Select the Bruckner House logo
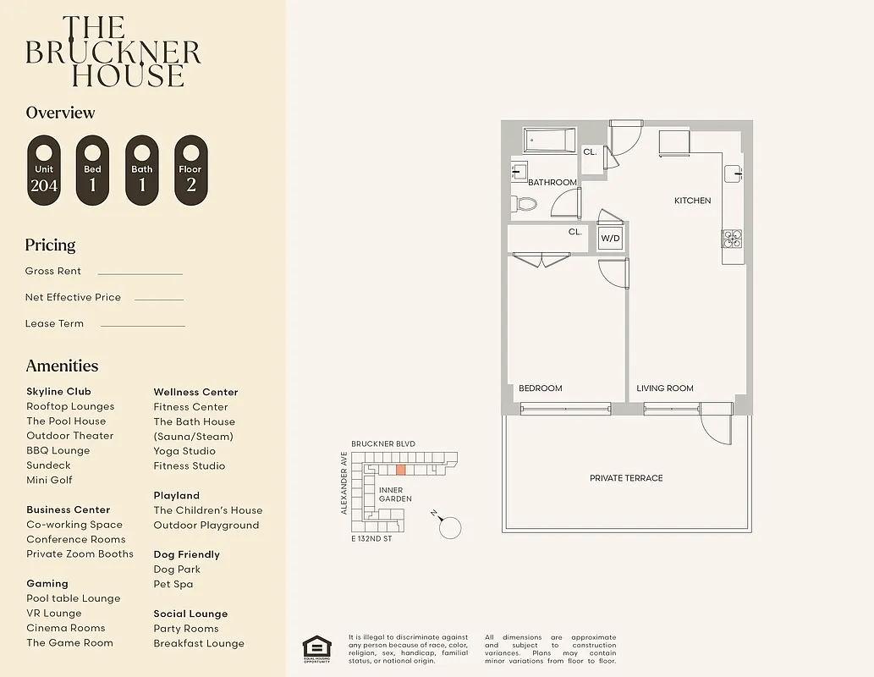tap(113, 52)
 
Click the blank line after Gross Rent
tap(140, 273)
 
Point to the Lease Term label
tap(54, 323)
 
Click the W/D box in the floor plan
tap(610, 239)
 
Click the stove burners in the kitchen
tap(732, 239)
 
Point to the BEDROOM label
tap(540, 388)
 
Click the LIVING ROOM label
tap(665, 388)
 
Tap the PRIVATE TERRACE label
tap(626, 478)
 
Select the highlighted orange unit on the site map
tap(401, 469)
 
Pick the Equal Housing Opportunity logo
tap(317, 647)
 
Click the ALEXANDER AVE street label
tap(344, 483)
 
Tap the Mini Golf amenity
tap(49, 480)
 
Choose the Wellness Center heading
tap(195, 392)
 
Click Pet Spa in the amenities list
tap(173, 584)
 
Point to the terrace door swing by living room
tap(716, 425)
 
